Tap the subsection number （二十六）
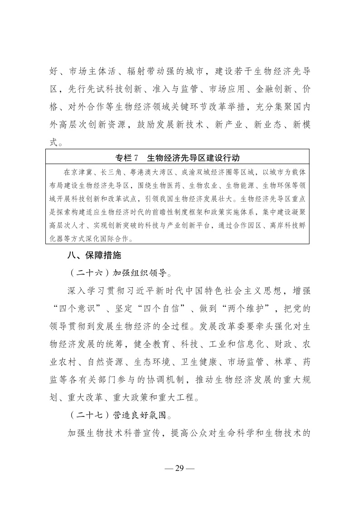87,273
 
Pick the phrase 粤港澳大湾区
152,172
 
